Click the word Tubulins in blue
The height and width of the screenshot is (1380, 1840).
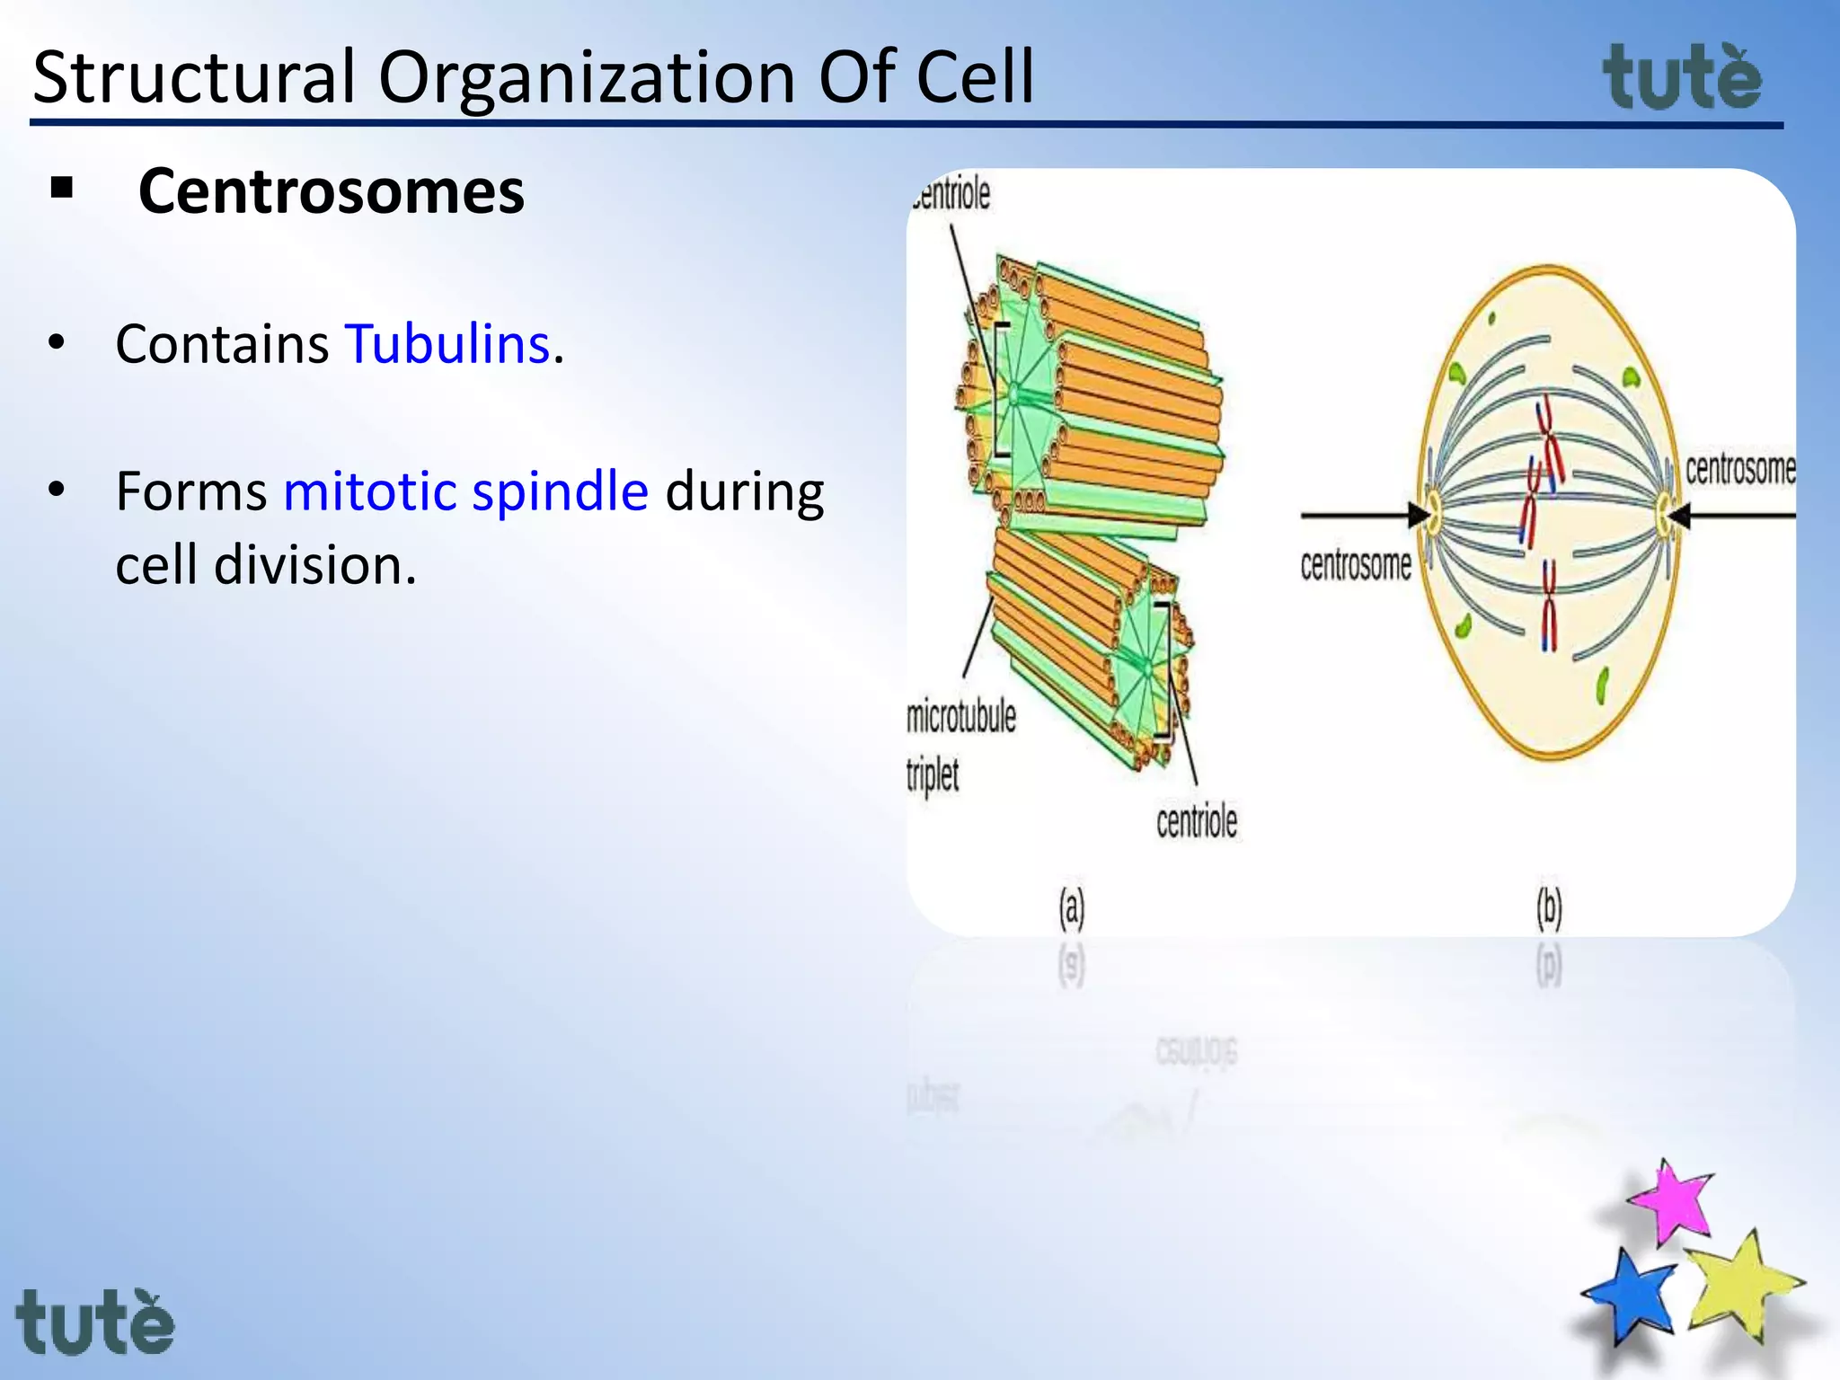point(447,344)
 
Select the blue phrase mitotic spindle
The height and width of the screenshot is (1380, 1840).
point(465,491)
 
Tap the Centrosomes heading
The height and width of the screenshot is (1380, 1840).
point(331,191)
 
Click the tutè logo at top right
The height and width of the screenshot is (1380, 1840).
point(1682,79)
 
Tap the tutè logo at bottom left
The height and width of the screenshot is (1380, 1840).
point(94,1322)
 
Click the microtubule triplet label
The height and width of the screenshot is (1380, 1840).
point(960,746)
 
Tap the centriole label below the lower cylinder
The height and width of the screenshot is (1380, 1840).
point(1196,821)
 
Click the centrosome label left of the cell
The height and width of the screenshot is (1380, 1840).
point(1355,565)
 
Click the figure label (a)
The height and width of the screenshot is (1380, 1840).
point(1071,907)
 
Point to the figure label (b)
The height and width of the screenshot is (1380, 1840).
point(1548,907)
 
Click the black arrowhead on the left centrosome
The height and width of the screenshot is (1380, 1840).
point(1419,515)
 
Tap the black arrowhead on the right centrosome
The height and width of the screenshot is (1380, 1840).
point(1678,516)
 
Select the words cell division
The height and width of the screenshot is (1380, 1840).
point(266,566)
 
